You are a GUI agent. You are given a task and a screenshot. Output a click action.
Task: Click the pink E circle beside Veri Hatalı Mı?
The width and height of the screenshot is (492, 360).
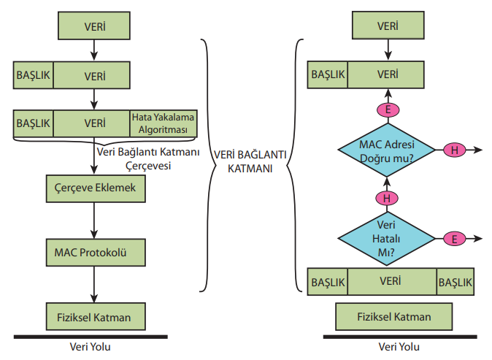[x=453, y=238]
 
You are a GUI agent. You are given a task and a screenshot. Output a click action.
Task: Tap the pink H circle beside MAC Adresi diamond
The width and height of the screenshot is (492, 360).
[x=453, y=150]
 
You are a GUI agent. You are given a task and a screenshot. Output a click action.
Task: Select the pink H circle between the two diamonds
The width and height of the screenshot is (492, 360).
[x=387, y=197]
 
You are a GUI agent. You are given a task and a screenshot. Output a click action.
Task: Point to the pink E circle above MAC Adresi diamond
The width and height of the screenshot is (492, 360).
[x=387, y=110]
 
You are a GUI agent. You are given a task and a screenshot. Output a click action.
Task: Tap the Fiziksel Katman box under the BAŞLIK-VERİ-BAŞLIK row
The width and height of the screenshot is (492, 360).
[x=393, y=317]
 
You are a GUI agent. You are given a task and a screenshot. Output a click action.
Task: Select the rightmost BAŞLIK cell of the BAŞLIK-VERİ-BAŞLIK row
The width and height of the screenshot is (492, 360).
[x=456, y=281]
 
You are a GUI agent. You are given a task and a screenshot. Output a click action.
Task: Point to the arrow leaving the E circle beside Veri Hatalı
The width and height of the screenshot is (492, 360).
[x=474, y=238]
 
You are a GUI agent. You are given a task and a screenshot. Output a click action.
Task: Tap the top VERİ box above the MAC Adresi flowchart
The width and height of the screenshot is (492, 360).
[x=388, y=26]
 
